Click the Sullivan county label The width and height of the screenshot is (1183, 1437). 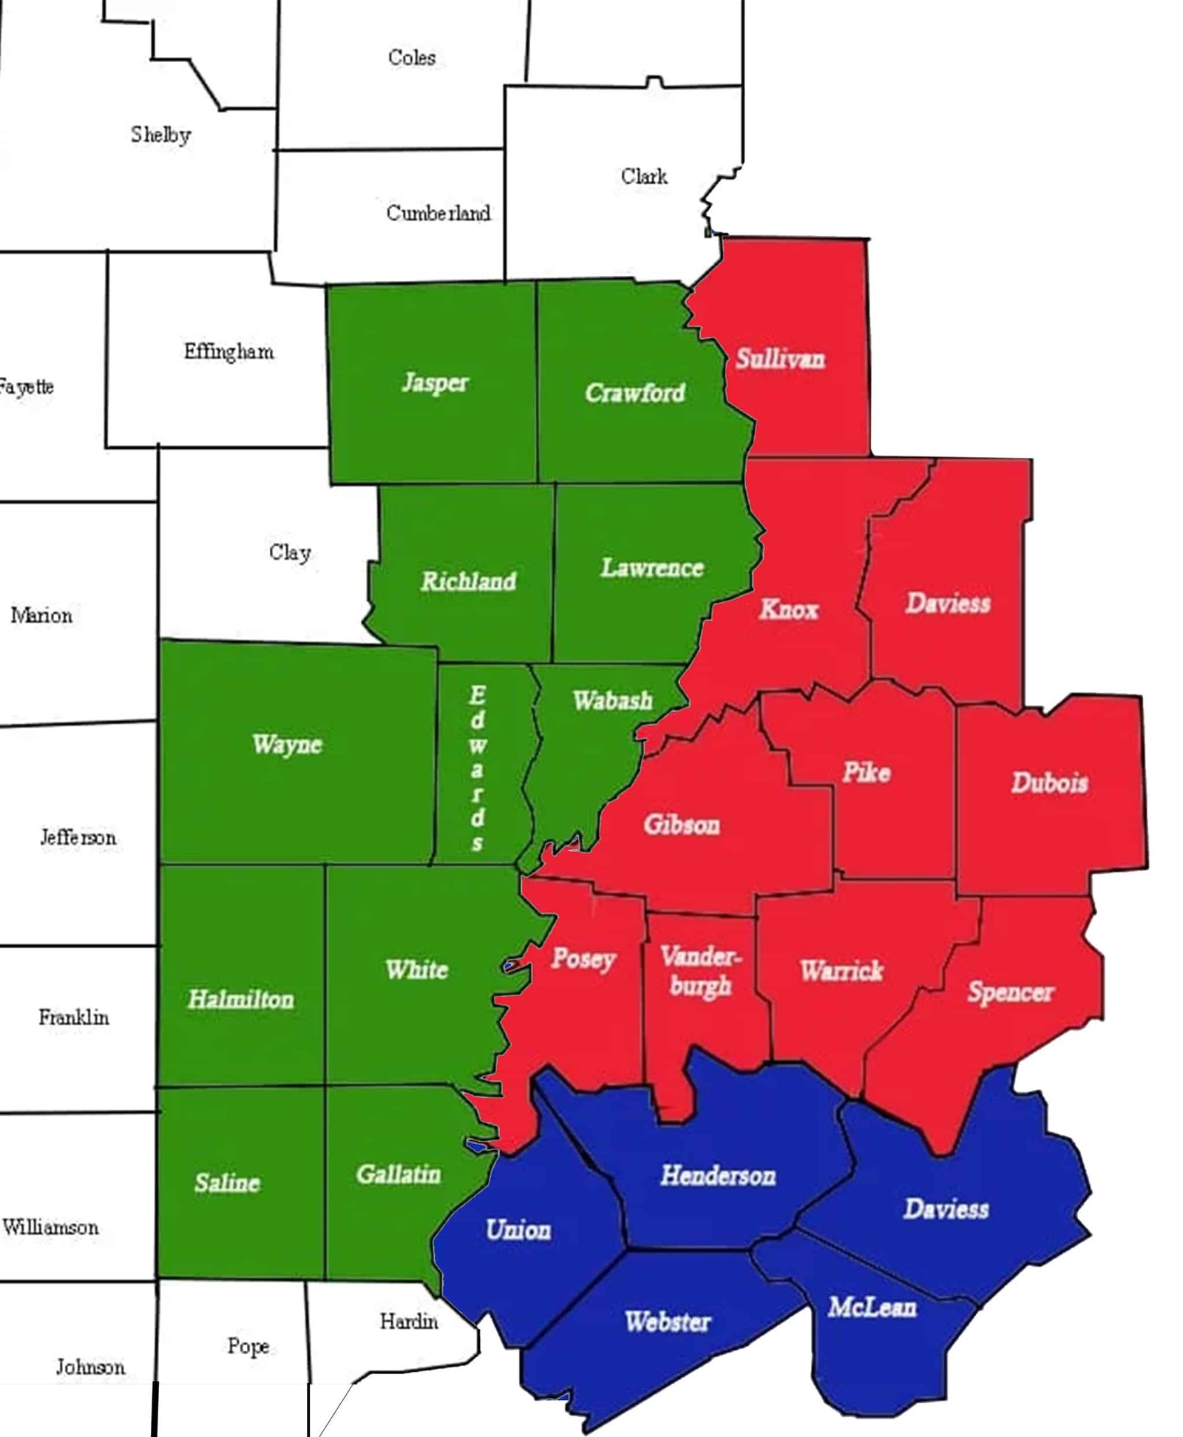coord(779,359)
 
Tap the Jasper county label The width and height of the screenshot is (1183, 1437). coord(435,382)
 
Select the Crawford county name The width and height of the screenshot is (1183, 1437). coord(634,392)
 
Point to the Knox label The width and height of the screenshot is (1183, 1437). coord(789,609)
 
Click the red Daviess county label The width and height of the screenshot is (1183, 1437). coord(947,603)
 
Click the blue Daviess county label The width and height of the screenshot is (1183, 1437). coord(946,1208)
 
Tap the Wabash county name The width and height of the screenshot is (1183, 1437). coord(612,700)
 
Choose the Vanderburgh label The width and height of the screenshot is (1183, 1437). coord(699,970)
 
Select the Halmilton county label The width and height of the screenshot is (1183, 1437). coord(240,999)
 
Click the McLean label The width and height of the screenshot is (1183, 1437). coord(872,1307)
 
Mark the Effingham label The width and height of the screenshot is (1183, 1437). coord(228,351)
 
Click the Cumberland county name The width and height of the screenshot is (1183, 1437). coord(438,213)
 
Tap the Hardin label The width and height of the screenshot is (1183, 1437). coord(408,1321)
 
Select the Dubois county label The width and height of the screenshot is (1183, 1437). coord(1049,782)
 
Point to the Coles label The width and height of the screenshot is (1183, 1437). coord(411,58)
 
